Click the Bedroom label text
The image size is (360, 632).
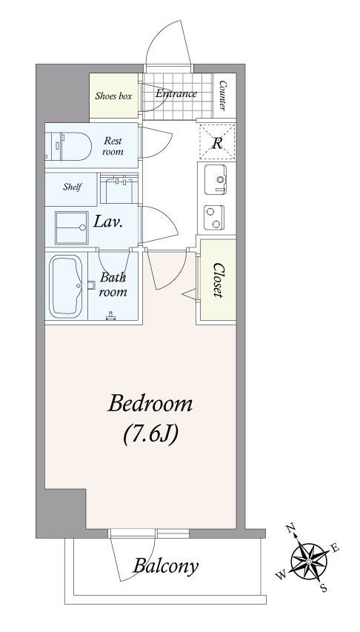(x=150, y=405)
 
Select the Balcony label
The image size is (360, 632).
(x=166, y=566)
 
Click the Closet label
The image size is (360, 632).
(x=219, y=280)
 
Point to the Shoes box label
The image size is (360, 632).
(x=113, y=96)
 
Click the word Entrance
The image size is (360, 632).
(x=176, y=93)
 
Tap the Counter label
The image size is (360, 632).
(x=222, y=96)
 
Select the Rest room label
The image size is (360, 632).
(x=113, y=146)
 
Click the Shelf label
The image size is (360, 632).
(x=73, y=187)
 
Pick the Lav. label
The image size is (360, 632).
(x=108, y=222)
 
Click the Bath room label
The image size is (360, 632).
(x=113, y=285)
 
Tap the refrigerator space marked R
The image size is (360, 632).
(x=217, y=142)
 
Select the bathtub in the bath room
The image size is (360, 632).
(x=66, y=286)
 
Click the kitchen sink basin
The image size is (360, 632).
(x=216, y=179)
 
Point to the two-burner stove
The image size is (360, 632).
(x=214, y=218)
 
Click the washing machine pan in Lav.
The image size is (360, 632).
(x=72, y=227)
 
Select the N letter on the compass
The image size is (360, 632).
(x=290, y=528)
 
